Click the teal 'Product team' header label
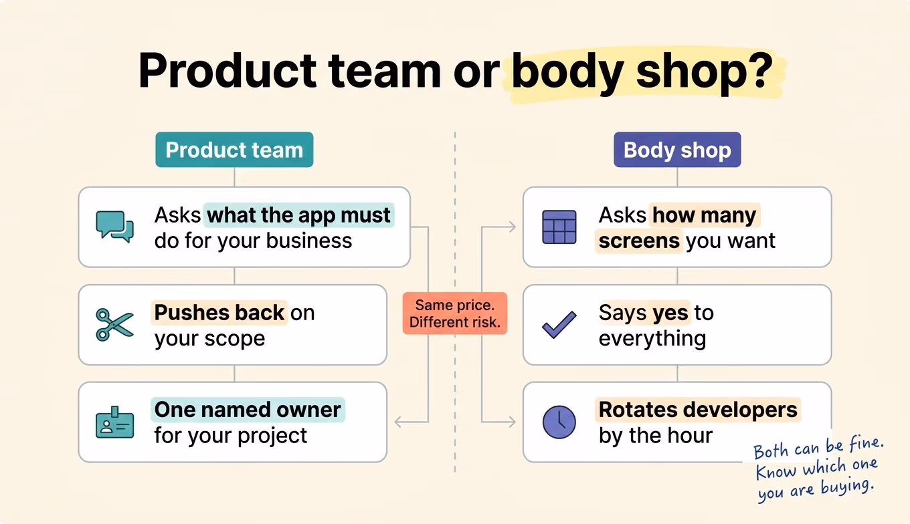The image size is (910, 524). click(x=234, y=149)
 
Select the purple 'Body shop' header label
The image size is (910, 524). click(x=677, y=149)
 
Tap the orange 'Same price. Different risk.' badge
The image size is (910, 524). click(x=455, y=313)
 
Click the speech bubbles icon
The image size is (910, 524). click(x=114, y=227)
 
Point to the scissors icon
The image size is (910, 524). click(x=114, y=325)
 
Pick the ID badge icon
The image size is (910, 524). click(x=114, y=422)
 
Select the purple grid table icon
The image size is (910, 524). click(x=559, y=227)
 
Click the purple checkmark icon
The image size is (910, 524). click(x=559, y=325)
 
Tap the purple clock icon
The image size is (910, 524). click(x=559, y=422)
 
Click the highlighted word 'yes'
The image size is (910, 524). click(x=670, y=313)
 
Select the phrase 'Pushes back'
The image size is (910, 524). click(x=219, y=313)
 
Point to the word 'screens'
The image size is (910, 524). click(x=639, y=241)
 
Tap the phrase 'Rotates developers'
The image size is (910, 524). click(x=698, y=410)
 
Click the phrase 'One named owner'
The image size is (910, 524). click(x=248, y=410)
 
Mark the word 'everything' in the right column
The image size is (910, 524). click(x=652, y=338)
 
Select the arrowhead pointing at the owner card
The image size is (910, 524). click(x=398, y=422)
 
